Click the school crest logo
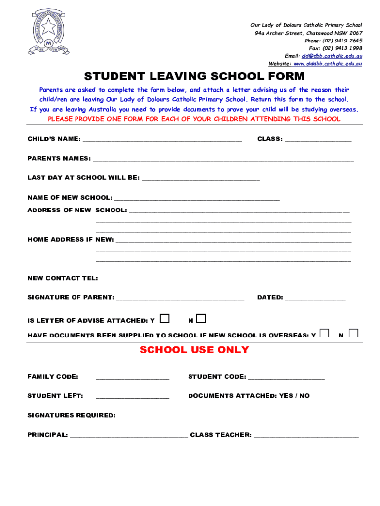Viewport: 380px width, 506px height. pyautogui.click(x=48, y=31)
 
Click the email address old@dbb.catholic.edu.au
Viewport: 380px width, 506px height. pyautogui.click(x=332, y=56)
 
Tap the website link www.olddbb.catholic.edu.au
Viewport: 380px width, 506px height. pyautogui.click(x=328, y=64)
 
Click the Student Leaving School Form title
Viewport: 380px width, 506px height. pyautogui.click(x=194, y=77)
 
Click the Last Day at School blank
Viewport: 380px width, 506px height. pyautogui.click(x=200, y=177)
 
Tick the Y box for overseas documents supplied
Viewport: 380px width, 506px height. pyautogui.click(x=324, y=333)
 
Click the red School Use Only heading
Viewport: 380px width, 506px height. pyautogui.click(x=194, y=350)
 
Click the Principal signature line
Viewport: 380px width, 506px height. pyautogui.click(x=129, y=435)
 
